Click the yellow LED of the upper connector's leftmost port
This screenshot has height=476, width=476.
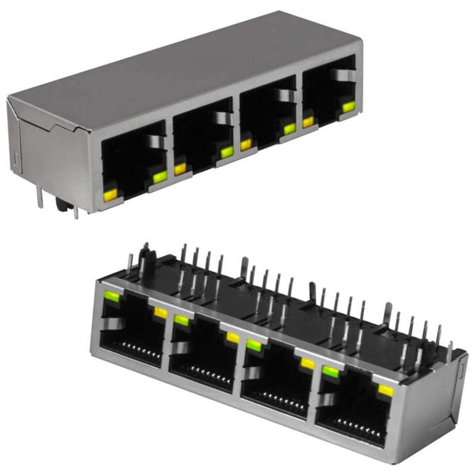pyautogui.click(x=110, y=194)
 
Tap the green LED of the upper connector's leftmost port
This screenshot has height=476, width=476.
pyautogui.click(x=160, y=177)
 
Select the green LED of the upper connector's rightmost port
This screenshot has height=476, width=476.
pyautogui.click(x=348, y=107)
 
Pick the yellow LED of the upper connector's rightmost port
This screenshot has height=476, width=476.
pyautogui.click(x=308, y=122)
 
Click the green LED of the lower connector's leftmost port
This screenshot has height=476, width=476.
pyautogui.click(x=112, y=297)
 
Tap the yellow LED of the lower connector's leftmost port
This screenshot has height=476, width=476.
pyautogui.click(x=161, y=313)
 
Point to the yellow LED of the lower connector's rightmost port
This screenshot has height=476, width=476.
pyautogui.click(x=385, y=391)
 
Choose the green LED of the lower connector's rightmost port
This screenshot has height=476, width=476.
pyautogui.click(x=331, y=372)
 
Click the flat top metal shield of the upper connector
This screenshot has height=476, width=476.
pyautogui.click(x=181, y=71)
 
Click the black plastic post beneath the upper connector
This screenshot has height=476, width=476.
pyautogui.click(x=60, y=205)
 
